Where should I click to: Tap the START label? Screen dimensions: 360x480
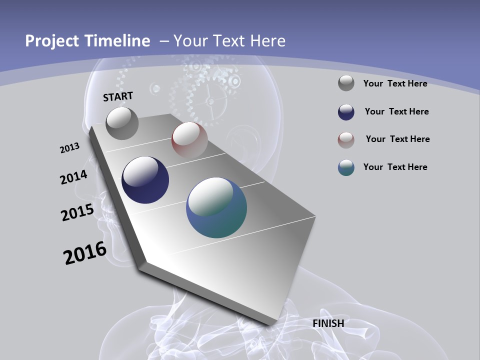coord(118,96)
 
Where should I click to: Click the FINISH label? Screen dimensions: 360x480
coord(328,323)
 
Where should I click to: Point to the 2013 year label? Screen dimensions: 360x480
coord(70,148)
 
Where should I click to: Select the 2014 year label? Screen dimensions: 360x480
coord(74,177)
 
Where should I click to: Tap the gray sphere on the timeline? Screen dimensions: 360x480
coord(122,123)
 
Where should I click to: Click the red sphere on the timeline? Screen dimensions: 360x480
coord(189,140)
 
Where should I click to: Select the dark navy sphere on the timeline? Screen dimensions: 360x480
coord(145,180)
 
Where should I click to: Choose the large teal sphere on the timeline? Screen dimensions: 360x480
coord(216,207)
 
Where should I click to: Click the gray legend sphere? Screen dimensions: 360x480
coord(346,83)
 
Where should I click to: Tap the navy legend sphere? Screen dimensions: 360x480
coord(346,112)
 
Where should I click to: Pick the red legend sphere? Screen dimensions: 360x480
coord(346,140)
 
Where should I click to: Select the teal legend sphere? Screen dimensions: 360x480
coord(346,167)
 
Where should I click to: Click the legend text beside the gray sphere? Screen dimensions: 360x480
coord(395,83)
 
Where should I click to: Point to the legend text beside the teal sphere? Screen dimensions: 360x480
coord(395,167)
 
